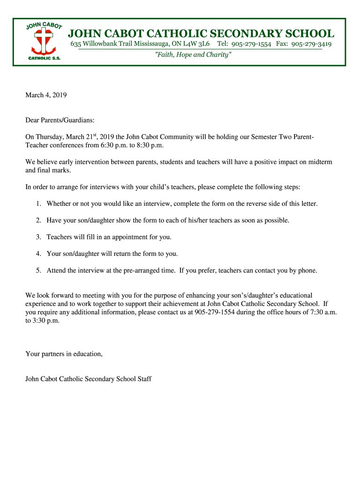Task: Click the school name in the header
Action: (201, 34)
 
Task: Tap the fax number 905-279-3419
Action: (311, 44)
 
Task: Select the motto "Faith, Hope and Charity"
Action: (193, 55)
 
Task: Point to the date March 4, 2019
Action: (46, 95)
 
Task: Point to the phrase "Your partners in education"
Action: (64, 354)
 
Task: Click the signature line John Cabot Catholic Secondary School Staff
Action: (88, 379)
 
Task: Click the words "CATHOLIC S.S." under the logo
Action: (44, 58)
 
